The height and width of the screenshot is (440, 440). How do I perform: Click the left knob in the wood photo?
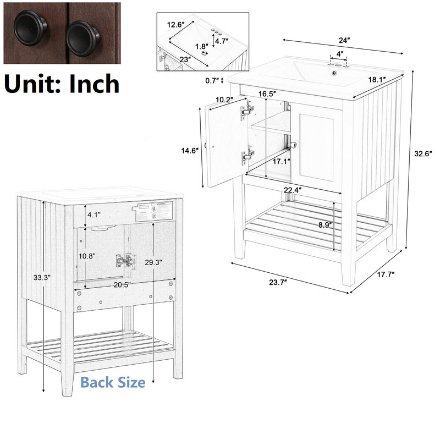click(30, 28)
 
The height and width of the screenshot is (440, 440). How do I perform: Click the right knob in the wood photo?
click(82, 38)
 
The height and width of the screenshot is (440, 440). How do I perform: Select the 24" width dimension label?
click(344, 40)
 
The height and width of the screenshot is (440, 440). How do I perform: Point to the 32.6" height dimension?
click(423, 153)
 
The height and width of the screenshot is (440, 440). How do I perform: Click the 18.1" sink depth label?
click(377, 80)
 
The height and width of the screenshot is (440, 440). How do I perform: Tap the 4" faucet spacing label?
click(340, 53)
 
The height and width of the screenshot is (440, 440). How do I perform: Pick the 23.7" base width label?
click(278, 282)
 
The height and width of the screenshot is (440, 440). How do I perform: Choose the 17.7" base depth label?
click(386, 274)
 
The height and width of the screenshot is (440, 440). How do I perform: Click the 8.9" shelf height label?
click(325, 225)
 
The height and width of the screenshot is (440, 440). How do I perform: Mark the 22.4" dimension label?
click(293, 190)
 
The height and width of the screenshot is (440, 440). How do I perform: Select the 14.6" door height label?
click(190, 151)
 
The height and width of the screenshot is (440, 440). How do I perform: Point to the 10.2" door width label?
click(224, 100)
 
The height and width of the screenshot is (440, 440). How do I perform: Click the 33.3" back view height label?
click(42, 278)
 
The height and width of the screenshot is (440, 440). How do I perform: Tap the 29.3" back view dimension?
click(153, 262)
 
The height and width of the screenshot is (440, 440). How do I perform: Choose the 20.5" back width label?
click(122, 285)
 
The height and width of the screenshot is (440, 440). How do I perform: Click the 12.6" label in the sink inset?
click(175, 25)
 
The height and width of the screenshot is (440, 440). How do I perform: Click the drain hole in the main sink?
click(334, 73)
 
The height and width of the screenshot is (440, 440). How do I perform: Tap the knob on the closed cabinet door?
click(293, 145)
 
